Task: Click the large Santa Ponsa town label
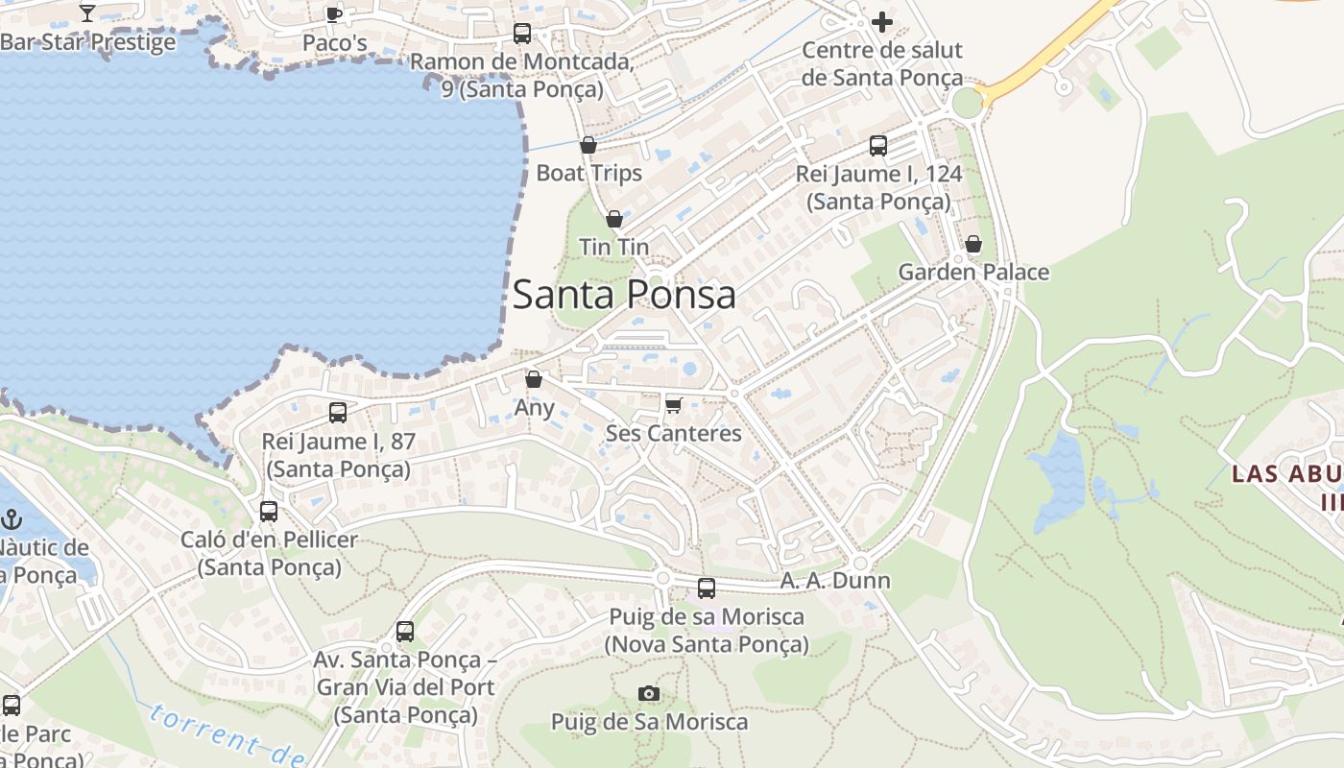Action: pyautogui.click(x=624, y=294)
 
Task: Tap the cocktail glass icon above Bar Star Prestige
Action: pyautogui.click(x=87, y=12)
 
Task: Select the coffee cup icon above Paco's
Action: pyautogui.click(x=334, y=13)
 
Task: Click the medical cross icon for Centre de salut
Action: pyautogui.click(x=882, y=21)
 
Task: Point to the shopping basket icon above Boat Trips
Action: pyautogui.click(x=588, y=145)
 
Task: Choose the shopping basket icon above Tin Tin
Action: pyautogui.click(x=614, y=219)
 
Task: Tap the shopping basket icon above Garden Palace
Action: pyautogui.click(x=973, y=244)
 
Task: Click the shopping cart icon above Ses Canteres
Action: pyautogui.click(x=673, y=405)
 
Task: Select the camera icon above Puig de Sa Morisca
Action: pyautogui.click(x=649, y=693)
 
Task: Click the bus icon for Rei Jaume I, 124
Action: pyautogui.click(x=878, y=146)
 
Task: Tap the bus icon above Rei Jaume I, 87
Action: pyautogui.click(x=338, y=413)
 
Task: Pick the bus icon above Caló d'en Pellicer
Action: pyautogui.click(x=269, y=511)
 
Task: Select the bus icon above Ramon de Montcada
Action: pyautogui.click(x=522, y=34)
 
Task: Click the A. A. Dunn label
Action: pyautogui.click(x=834, y=581)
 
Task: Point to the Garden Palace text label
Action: pyautogui.click(x=973, y=273)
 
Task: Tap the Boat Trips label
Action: pyautogui.click(x=588, y=174)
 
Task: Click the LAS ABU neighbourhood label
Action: pyautogui.click(x=1286, y=473)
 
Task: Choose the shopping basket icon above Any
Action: pyautogui.click(x=534, y=379)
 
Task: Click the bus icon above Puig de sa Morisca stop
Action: pyautogui.click(x=707, y=588)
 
